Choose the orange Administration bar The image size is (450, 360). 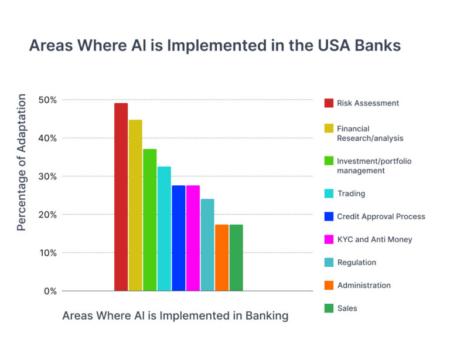coord(221,257)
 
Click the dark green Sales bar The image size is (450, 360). coord(236,257)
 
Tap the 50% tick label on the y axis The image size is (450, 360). coord(47,100)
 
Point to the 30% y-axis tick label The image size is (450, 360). coord(47,176)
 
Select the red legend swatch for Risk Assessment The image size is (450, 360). coord(328,103)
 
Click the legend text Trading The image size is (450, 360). coord(351,193)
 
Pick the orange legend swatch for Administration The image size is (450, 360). coord(328,286)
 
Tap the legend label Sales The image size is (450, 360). coord(347,308)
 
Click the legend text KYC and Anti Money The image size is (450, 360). coord(374,239)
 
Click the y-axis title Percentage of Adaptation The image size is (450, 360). coord(22,162)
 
